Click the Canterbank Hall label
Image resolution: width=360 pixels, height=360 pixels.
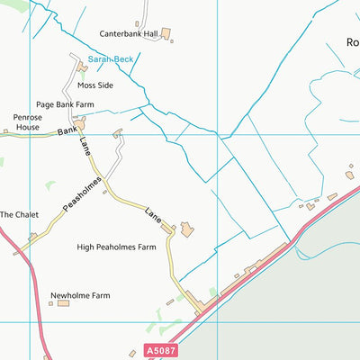(128, 34)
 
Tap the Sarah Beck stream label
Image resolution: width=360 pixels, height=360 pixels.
(111, 58)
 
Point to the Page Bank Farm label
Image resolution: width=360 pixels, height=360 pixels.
(66, 104)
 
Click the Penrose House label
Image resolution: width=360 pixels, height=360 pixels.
(27, 122)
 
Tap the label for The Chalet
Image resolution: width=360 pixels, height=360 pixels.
(19, 215)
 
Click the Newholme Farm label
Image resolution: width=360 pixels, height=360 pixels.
(80, 295)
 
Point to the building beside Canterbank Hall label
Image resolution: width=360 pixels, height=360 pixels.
(166, 34)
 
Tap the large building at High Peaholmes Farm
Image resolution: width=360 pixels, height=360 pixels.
(186, 229)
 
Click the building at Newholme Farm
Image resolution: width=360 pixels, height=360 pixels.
(63, 303)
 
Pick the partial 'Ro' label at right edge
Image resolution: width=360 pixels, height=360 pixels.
(352, 41)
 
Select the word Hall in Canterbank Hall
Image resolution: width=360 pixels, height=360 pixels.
(149, 34)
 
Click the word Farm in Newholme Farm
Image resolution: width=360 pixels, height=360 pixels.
(99, 295)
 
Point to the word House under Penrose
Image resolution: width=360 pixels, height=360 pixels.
(27, 128)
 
